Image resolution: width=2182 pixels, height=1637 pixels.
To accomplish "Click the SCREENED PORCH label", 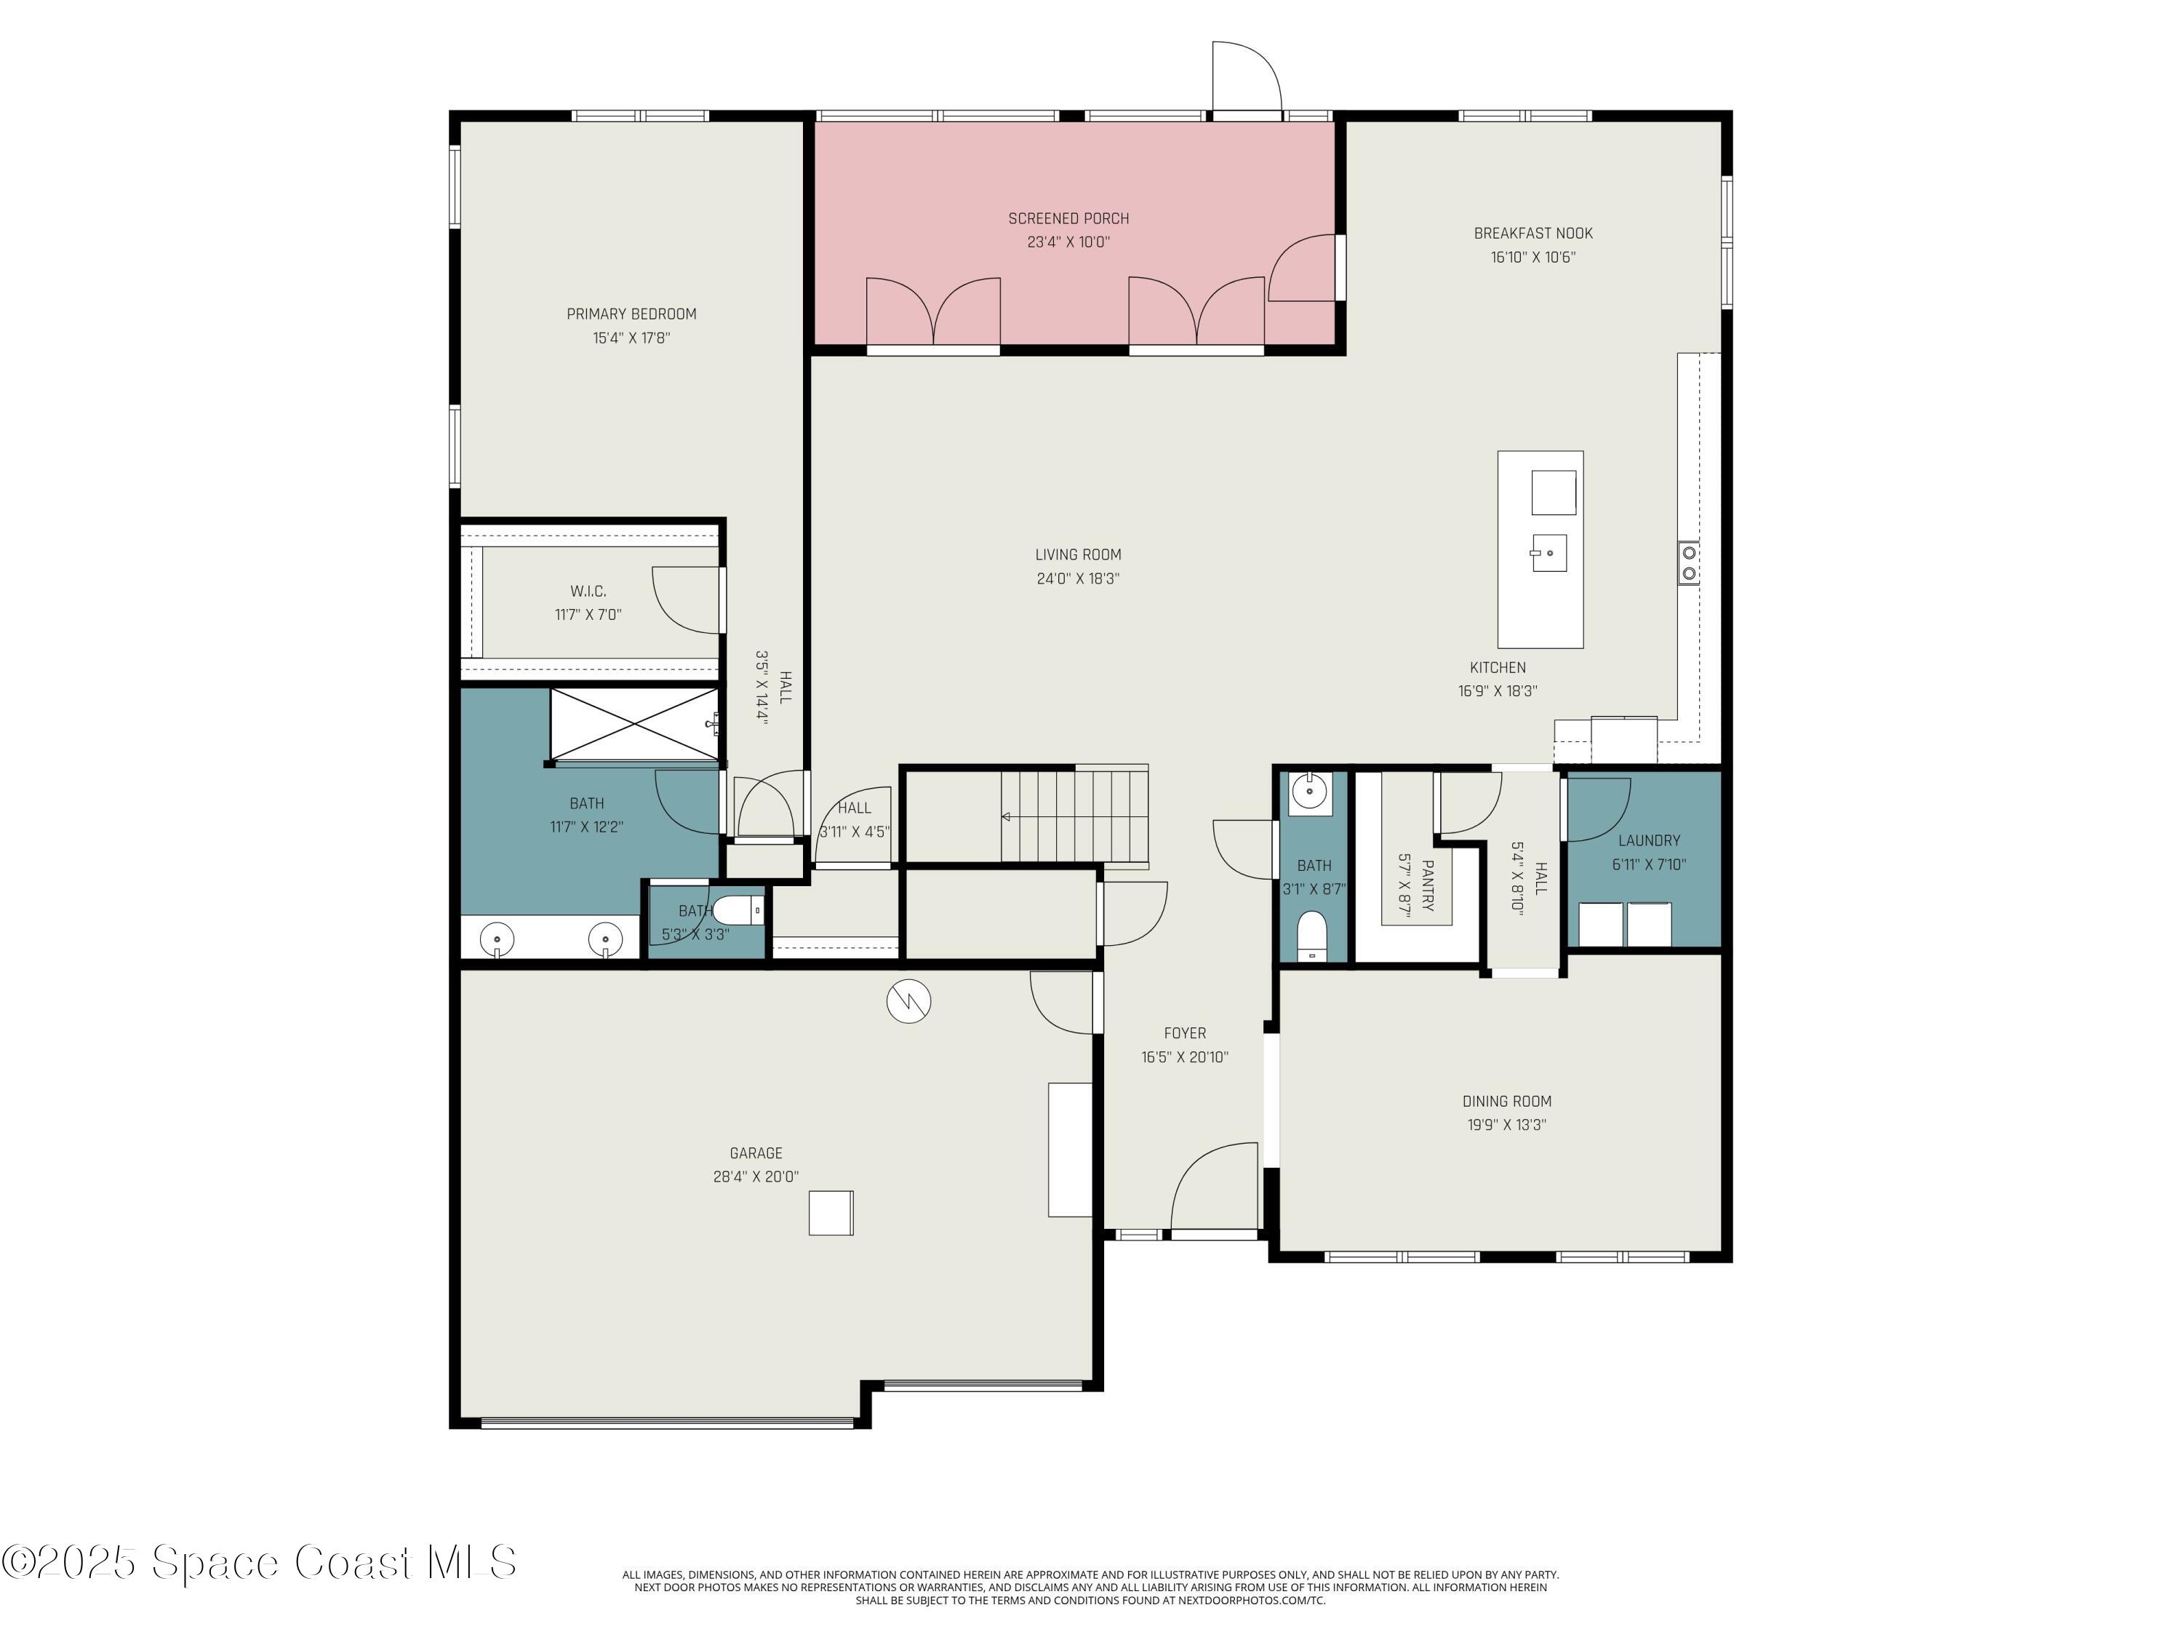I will tap(1068, 218).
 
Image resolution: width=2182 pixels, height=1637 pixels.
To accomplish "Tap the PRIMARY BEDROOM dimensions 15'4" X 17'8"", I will tap(631, 338).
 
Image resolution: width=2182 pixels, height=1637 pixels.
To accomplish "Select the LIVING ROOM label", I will tap(1077, 554).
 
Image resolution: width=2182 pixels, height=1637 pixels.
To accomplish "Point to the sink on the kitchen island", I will tap(1548, 552).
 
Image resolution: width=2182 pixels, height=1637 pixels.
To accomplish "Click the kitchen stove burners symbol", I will tap(1689, 562).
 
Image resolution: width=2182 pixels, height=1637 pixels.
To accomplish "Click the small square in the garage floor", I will tap(831, 1213).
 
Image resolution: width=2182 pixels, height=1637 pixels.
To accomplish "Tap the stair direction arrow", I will tap(1005, 817).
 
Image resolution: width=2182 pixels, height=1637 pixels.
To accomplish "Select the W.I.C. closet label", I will tap(588, 591).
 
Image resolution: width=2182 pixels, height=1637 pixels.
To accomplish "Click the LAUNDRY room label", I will tap(1648, 841).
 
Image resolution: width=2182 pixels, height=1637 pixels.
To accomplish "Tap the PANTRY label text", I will tap(1427, 885).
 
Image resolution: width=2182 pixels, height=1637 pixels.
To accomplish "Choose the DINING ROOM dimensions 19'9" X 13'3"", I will tap(1506, 1125).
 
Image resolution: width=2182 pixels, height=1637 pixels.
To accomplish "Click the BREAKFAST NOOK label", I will tap(1533, 234).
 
